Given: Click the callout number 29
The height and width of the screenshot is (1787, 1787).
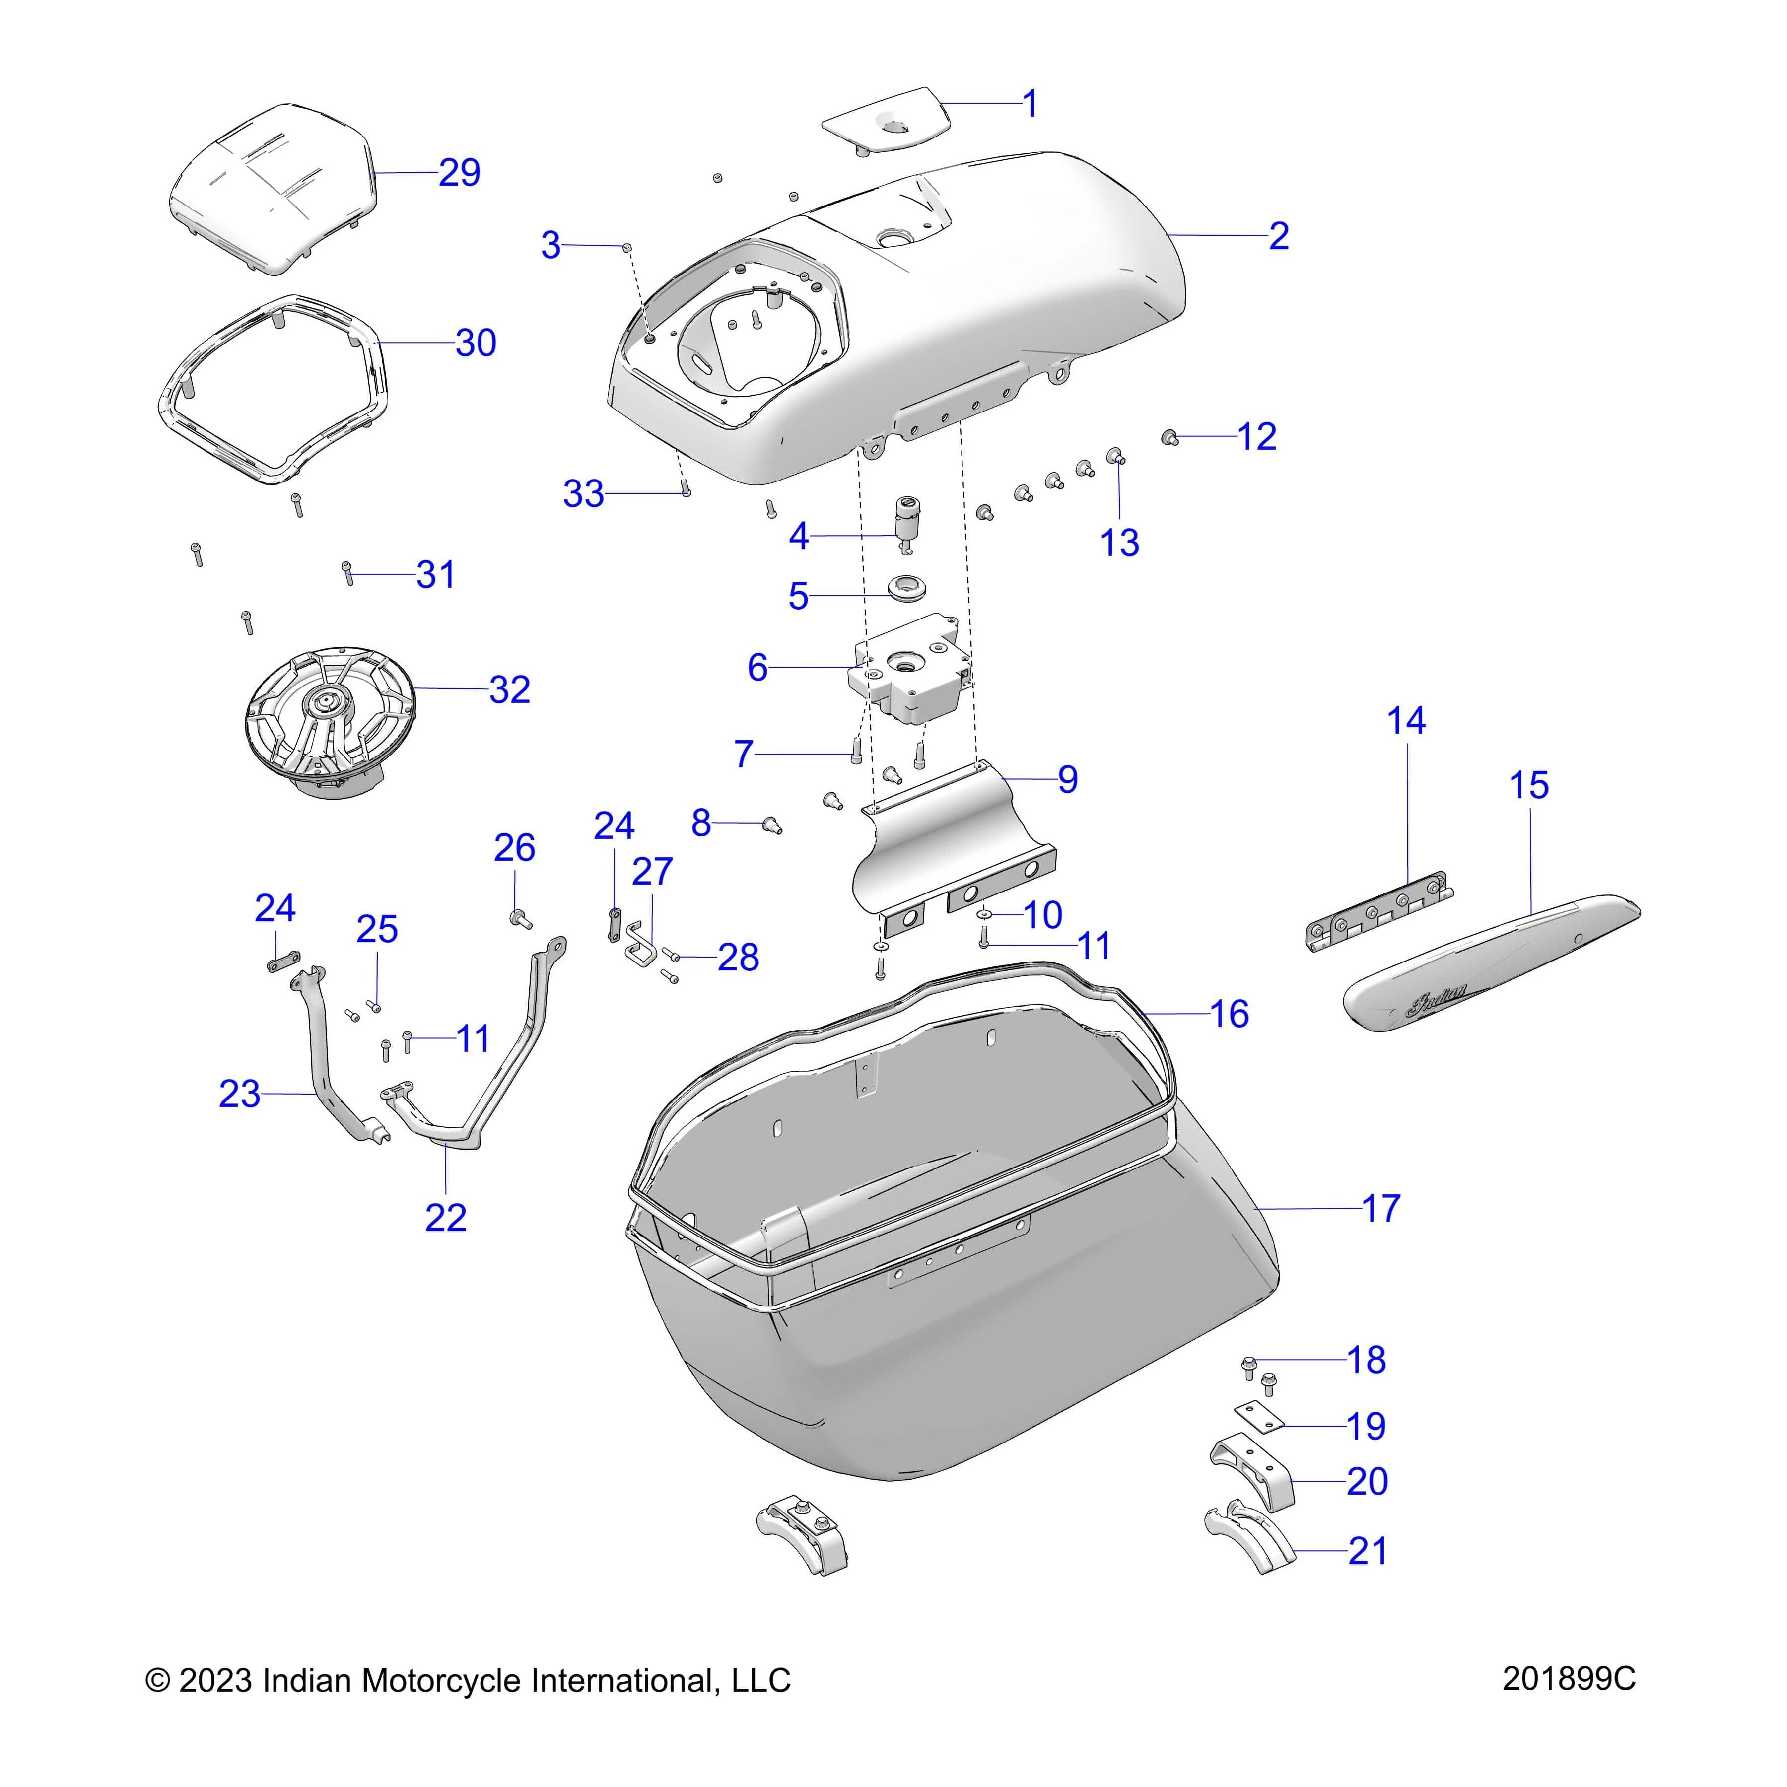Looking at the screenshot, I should [x=460, y=173].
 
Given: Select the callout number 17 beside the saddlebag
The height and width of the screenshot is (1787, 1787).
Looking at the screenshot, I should [x=1381, y=1208].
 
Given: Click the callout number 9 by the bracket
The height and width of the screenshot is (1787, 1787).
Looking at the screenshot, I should [x=1067, y=780].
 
